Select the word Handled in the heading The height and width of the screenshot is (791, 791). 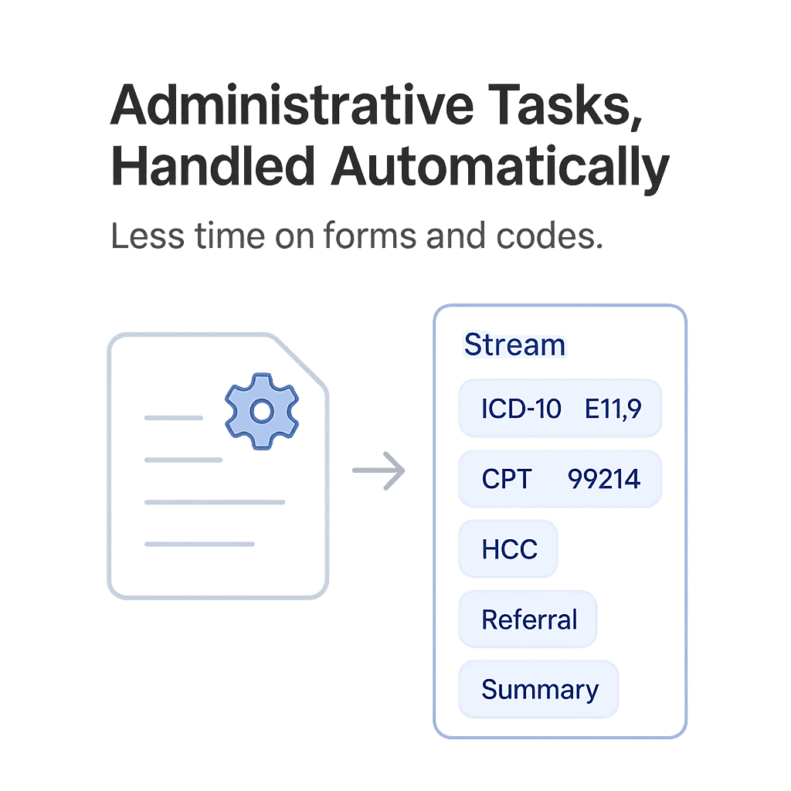[x=212, y=166]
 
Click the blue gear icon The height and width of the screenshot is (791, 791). [x=262, y=410]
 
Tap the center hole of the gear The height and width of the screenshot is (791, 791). [x=262, y=411]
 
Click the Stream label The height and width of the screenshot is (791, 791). [x=514, y=345]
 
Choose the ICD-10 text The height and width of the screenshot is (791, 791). [x=521, y=408]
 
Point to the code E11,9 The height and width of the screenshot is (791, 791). [x=613, y=408]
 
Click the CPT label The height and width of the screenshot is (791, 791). [x=507, y=479]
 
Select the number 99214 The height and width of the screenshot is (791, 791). [x=604, y=479]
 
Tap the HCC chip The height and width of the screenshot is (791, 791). [x=508, y=549]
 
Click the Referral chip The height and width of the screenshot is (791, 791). [x=528, y=619]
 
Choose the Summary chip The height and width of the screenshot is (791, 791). [x=539, y=689]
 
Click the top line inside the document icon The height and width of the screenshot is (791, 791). [x=174, y=418]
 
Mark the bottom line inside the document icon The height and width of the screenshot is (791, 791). [x=199, y=544]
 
